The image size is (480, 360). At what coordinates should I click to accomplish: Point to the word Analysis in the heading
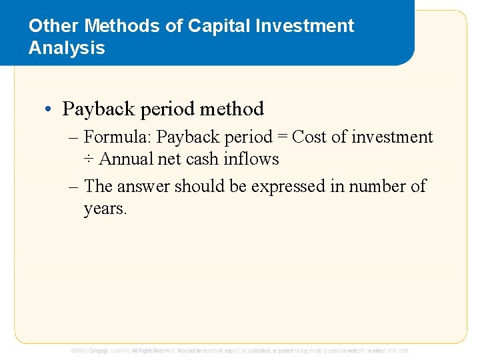[67, 48]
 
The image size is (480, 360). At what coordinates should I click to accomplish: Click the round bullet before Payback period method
[49, 109]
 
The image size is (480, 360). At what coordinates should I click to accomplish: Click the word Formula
[117, 137]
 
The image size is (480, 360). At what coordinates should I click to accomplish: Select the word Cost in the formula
[309, 137]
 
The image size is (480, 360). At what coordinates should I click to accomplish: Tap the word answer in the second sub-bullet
[145, 187]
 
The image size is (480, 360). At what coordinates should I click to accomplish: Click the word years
[105, 209]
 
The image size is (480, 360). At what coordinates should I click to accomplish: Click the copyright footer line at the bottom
[240, 351]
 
